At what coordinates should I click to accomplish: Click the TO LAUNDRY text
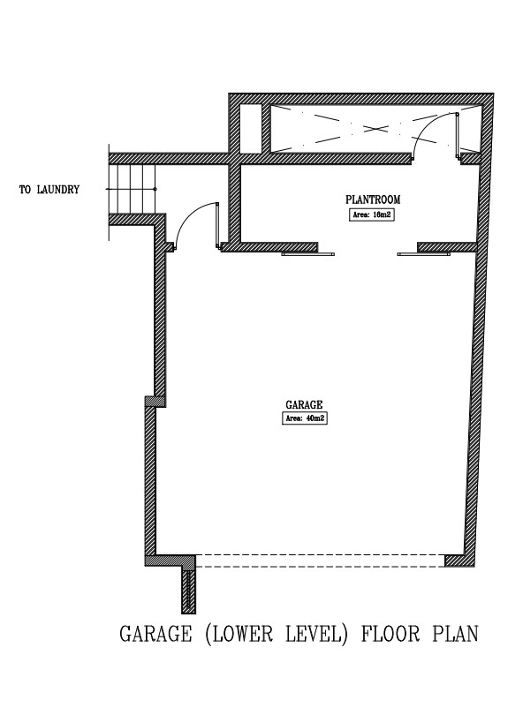pyautogui.click(x=49, y=189)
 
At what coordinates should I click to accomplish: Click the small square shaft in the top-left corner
pyautogui.click(x=251, y=129)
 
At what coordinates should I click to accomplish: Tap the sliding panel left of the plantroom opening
pyautogui.click(x=308, y=254)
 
